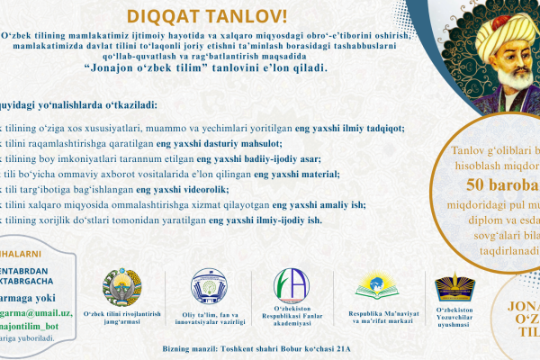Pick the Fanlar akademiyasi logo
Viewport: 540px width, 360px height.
[291, 287]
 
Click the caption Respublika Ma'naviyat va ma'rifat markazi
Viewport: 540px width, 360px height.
[375, 319]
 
